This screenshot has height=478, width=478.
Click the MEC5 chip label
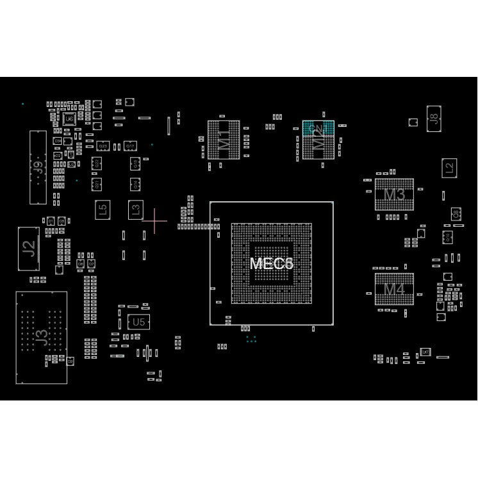point(271,263)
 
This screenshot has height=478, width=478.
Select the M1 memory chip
point(224,139)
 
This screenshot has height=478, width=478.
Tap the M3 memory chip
point(394,195)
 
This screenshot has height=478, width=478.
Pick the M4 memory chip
point(394,289)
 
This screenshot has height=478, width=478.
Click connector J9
point(38,168)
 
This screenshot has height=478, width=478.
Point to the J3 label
point(41,337)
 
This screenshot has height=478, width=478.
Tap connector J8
point(434,119)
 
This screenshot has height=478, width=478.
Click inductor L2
point(449,169)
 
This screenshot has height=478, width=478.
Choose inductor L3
point(135,209)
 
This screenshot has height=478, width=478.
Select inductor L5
point(102,210)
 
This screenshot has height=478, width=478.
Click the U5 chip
point(138,322)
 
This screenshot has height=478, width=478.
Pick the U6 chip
point(69,119)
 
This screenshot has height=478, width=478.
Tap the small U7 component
point(424,352)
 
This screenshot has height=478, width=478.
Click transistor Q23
point(103,146)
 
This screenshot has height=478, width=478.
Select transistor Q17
point(130,146)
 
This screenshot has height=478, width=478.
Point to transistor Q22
point(97,163)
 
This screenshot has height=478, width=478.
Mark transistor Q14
point(135,184)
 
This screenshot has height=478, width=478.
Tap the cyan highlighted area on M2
point(318,128)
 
